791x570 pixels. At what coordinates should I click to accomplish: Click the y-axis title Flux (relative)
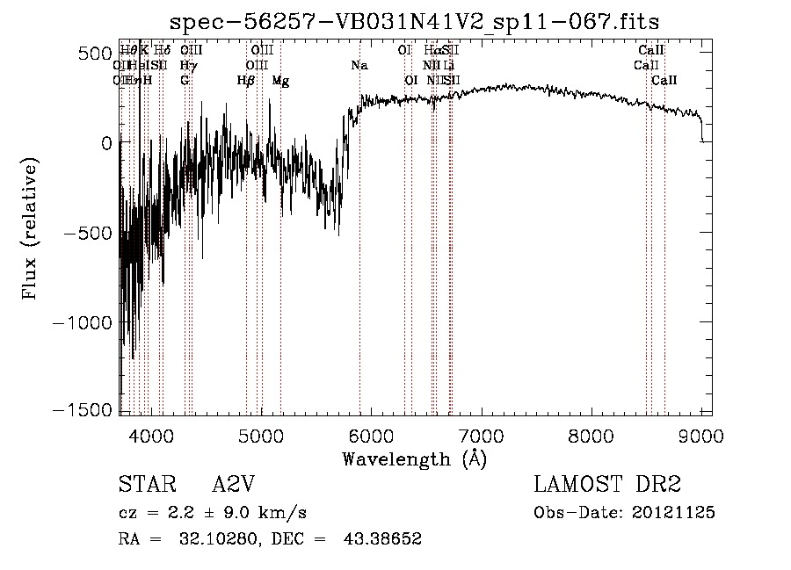32,231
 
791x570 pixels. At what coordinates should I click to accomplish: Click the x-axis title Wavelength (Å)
414,458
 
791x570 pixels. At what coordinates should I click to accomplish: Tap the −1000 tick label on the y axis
84,322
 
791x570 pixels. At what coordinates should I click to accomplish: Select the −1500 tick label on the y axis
84,411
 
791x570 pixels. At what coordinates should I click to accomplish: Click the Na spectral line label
359,66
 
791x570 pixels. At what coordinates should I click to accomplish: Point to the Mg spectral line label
280,81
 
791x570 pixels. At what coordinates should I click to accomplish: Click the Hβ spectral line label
246,81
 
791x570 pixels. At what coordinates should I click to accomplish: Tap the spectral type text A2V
234,485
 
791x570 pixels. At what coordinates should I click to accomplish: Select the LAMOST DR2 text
606,485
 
